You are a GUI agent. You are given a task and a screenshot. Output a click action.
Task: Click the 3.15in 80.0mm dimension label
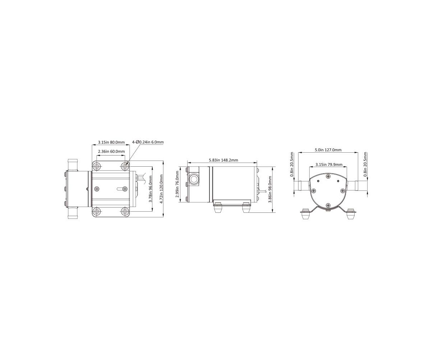point(111,142)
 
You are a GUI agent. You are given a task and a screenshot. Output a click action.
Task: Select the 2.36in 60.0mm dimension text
point(111,152)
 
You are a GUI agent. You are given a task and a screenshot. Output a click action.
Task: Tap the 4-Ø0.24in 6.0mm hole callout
point(148,142)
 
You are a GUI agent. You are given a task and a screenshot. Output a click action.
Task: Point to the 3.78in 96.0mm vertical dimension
point(150,189)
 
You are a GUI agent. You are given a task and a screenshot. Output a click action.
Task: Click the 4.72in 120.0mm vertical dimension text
point(161,189)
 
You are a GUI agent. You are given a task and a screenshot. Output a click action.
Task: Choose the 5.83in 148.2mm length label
point(223,160)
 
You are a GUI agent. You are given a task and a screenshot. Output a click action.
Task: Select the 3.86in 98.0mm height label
point(270,189)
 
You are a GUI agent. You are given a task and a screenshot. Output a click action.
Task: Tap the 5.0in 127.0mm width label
point(328,150)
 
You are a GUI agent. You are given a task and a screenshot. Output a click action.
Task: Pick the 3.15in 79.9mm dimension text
point(329,165)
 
